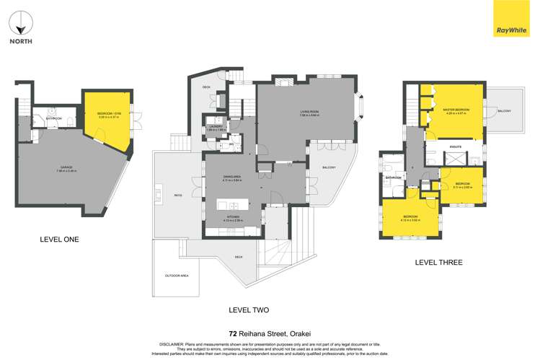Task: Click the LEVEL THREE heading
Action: [438, 262]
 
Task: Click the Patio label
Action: [177, 193]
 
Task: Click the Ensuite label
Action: [455, 146]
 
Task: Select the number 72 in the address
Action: [233, 333]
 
